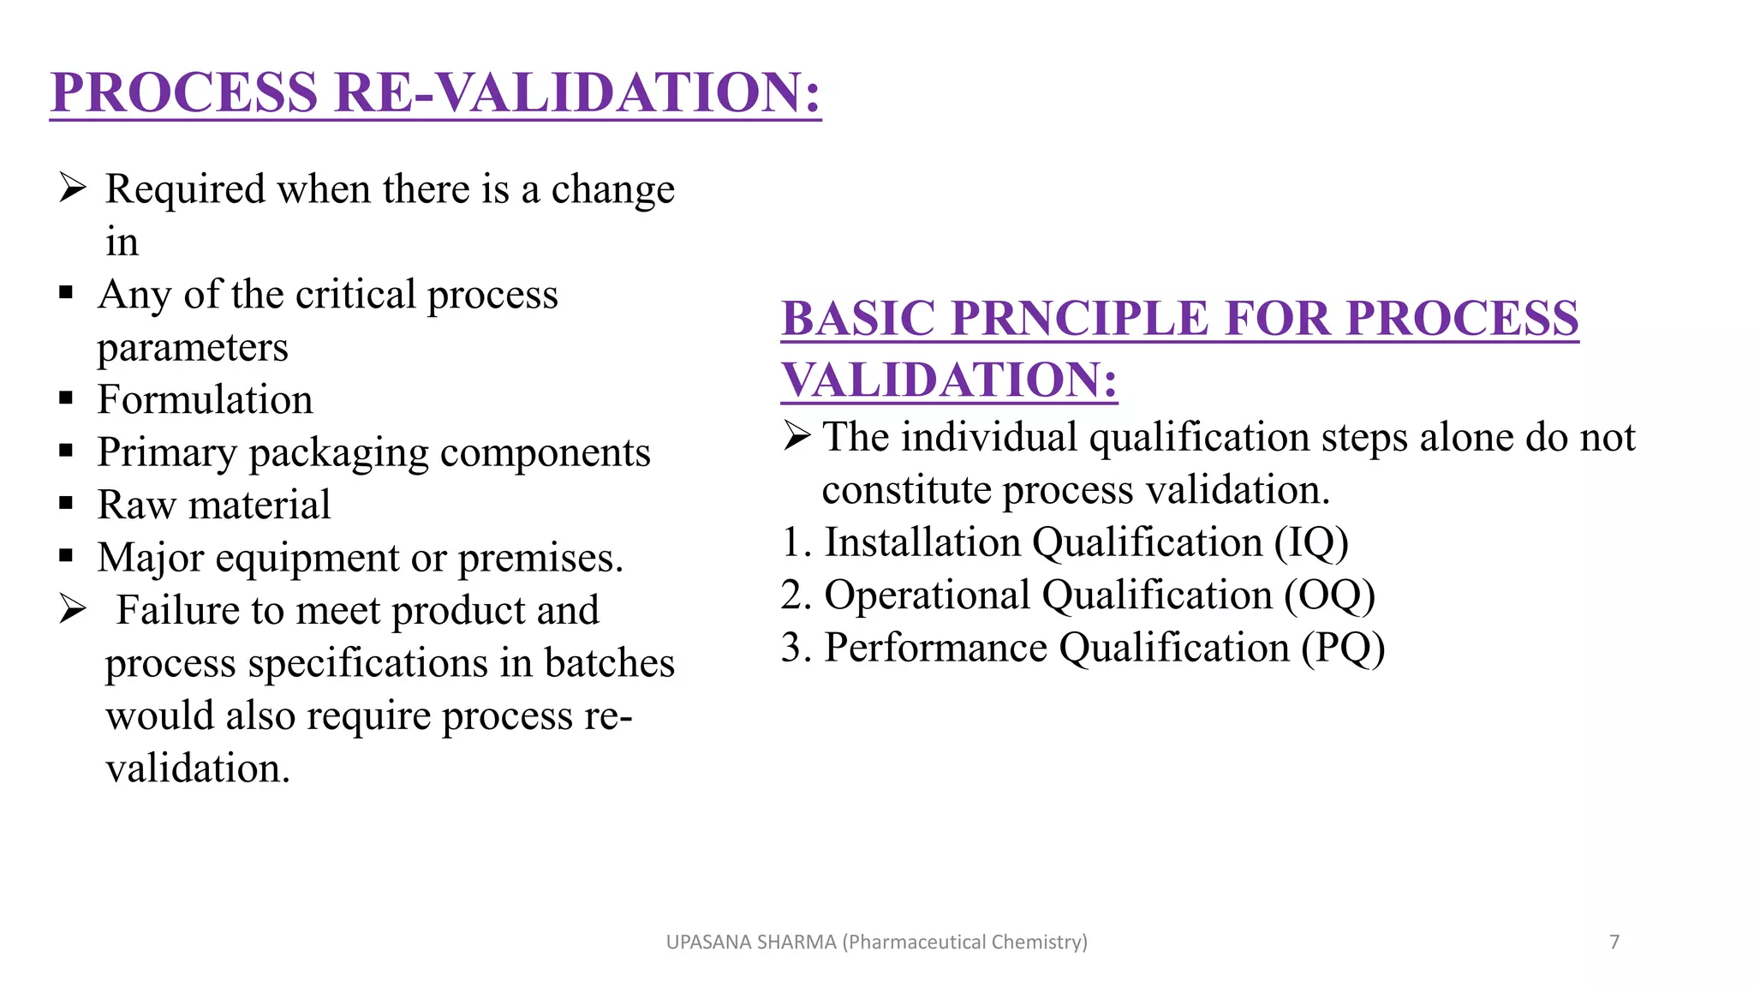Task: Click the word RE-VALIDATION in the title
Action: [578, 93]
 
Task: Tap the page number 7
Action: [1614, 942]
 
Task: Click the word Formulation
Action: [205, 400]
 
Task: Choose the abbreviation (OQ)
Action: [1329, 595]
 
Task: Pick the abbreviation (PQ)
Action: [1343, 648]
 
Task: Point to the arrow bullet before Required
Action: [73, 188]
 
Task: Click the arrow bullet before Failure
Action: [73, 609]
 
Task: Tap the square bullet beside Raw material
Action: [66, 504]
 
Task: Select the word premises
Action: [540, 559]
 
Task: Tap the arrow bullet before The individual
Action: [796, 436]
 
